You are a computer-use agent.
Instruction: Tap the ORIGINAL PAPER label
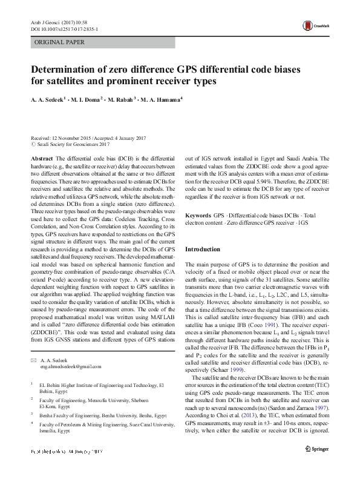59,42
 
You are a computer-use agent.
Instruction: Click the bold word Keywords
198,216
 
